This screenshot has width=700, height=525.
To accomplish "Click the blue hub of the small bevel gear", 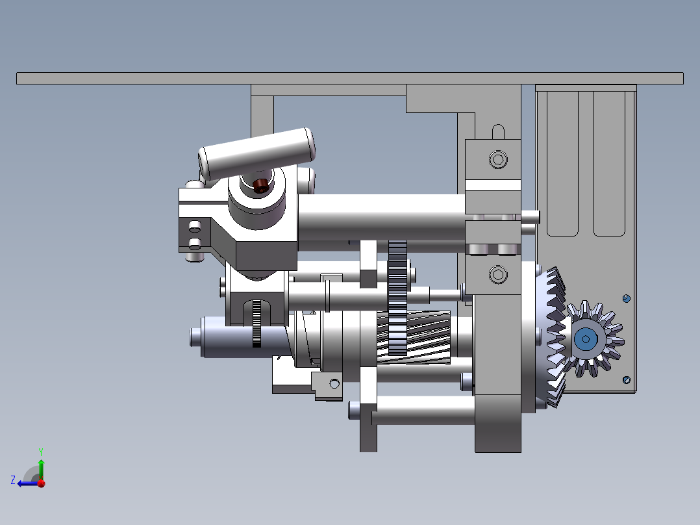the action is click(586, 339).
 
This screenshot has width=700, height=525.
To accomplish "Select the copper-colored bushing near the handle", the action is click(260, 185).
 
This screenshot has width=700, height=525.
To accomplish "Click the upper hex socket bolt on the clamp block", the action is click(498, 159).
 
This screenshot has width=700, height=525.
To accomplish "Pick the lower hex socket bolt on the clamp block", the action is click(498, 274).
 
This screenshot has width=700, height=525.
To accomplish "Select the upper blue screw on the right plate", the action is click(627, 298).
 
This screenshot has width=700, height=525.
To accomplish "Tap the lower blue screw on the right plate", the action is click(627, 380).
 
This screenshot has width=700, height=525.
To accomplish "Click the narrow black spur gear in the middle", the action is click(397, 298).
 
